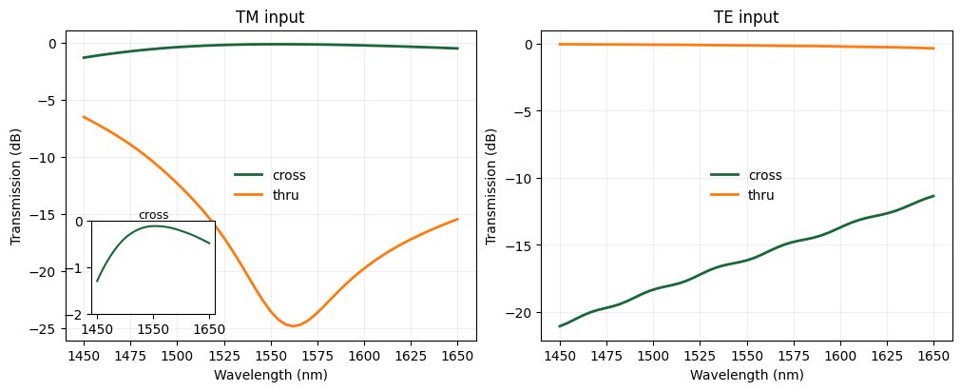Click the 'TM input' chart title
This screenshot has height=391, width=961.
[x=270, y=17]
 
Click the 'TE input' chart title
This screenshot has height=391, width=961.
[x=746, y=17]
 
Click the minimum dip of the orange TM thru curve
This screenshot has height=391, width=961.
[x=294, y=326]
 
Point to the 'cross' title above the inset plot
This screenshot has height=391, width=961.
[x=153, y=215]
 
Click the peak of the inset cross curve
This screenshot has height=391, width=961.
[x=154, y=225]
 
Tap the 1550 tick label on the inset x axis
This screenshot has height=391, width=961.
[x=153, y=329]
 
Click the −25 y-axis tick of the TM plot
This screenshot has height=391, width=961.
[x=48, y=329]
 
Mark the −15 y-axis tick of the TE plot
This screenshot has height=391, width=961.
[x=525, y=245]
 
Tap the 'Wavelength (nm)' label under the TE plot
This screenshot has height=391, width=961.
[x=746, y=375]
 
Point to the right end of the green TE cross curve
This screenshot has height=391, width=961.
[x=933, y=196]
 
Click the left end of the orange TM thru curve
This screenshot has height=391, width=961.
[x=84, y=117]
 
